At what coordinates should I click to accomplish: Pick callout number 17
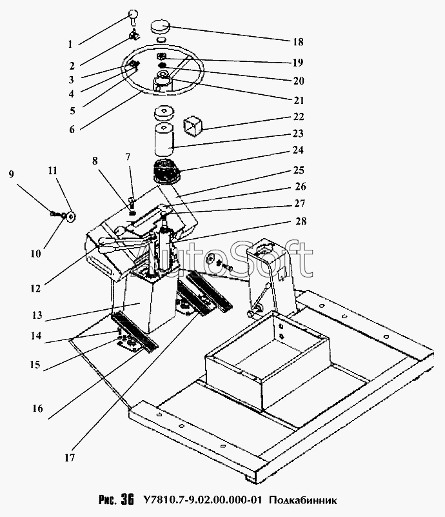pyautogui.click(x=69, y=459)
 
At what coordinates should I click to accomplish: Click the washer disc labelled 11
pyautogui.click(x=70, y=216)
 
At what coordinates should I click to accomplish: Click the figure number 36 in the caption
pyautogui.click(x=127, y=500)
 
